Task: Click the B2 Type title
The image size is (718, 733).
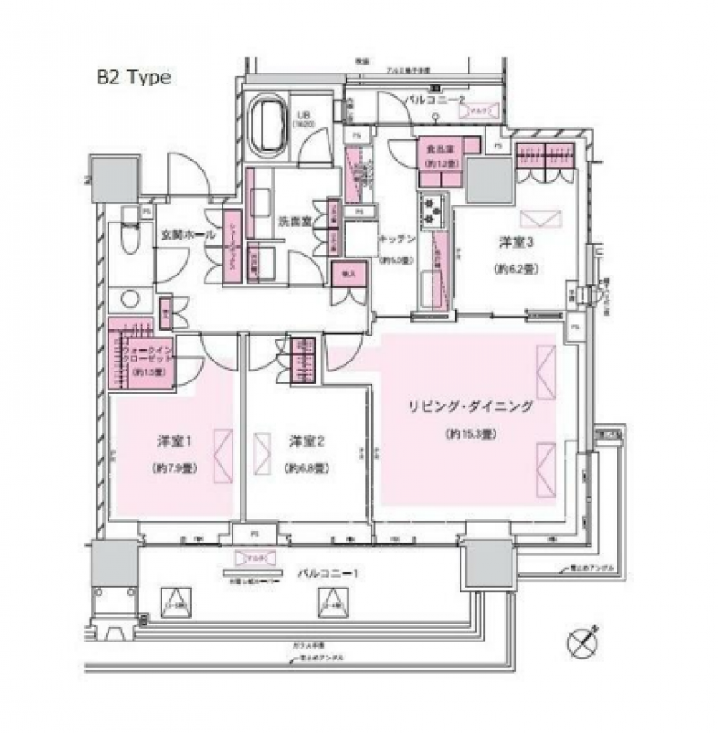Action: pyautogui.click(x=133, y=77)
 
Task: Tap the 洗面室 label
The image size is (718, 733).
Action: pyautogui.click(x=293, y=219)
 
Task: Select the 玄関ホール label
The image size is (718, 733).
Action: pyautogui.click(x=188, y=234)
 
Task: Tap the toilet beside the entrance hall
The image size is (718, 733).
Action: pyautogui.click(x=130, y=240)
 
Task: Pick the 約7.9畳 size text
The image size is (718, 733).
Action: pyautogui.click(x=176, y=468)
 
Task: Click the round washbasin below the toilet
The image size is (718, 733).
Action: pyautogui.click(x=131, y=300)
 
